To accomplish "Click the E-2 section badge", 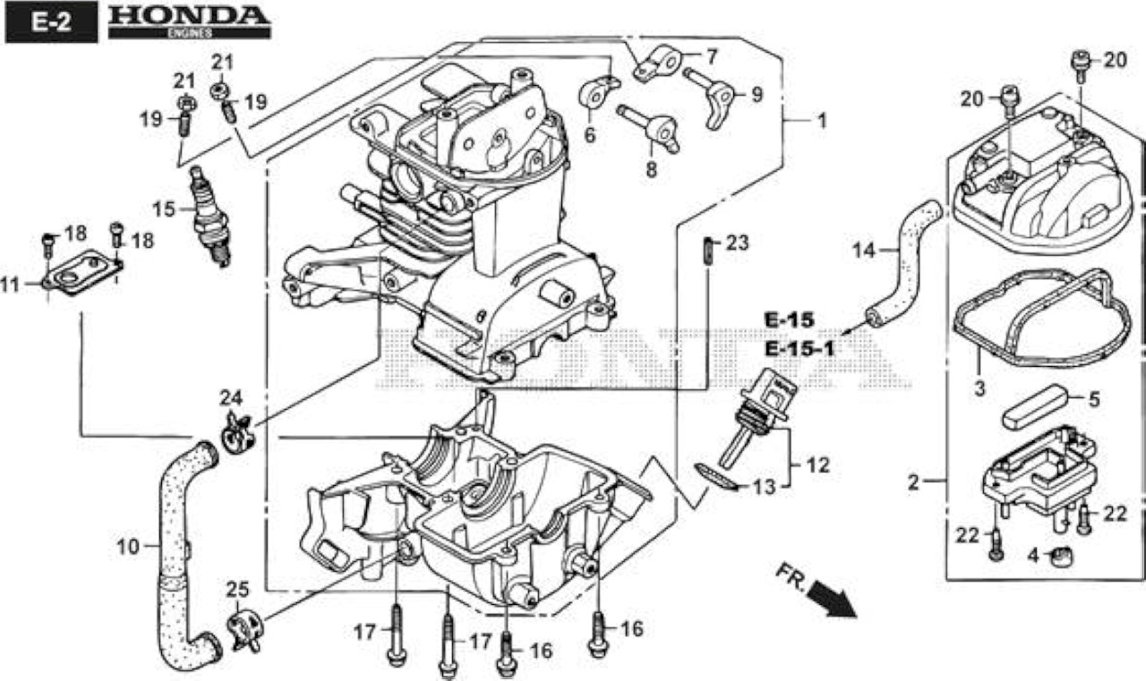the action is click(x=51, y=22).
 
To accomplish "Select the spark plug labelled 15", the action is click(x=210, y=216).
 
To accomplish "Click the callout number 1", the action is click(x=822, y=121).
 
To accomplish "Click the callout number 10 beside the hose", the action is click(x=128, y=547).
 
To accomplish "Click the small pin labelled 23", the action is click(x=708, y=251).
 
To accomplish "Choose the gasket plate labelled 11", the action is click(x=83, y=273).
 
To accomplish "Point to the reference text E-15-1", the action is click(x=800, y=350).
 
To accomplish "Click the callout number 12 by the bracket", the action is click(x=818, y=465).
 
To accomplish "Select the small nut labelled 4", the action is click(x=1061, y=557).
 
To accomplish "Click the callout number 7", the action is click(x=712, y=56).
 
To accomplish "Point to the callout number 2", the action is click(x=914, y=482).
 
